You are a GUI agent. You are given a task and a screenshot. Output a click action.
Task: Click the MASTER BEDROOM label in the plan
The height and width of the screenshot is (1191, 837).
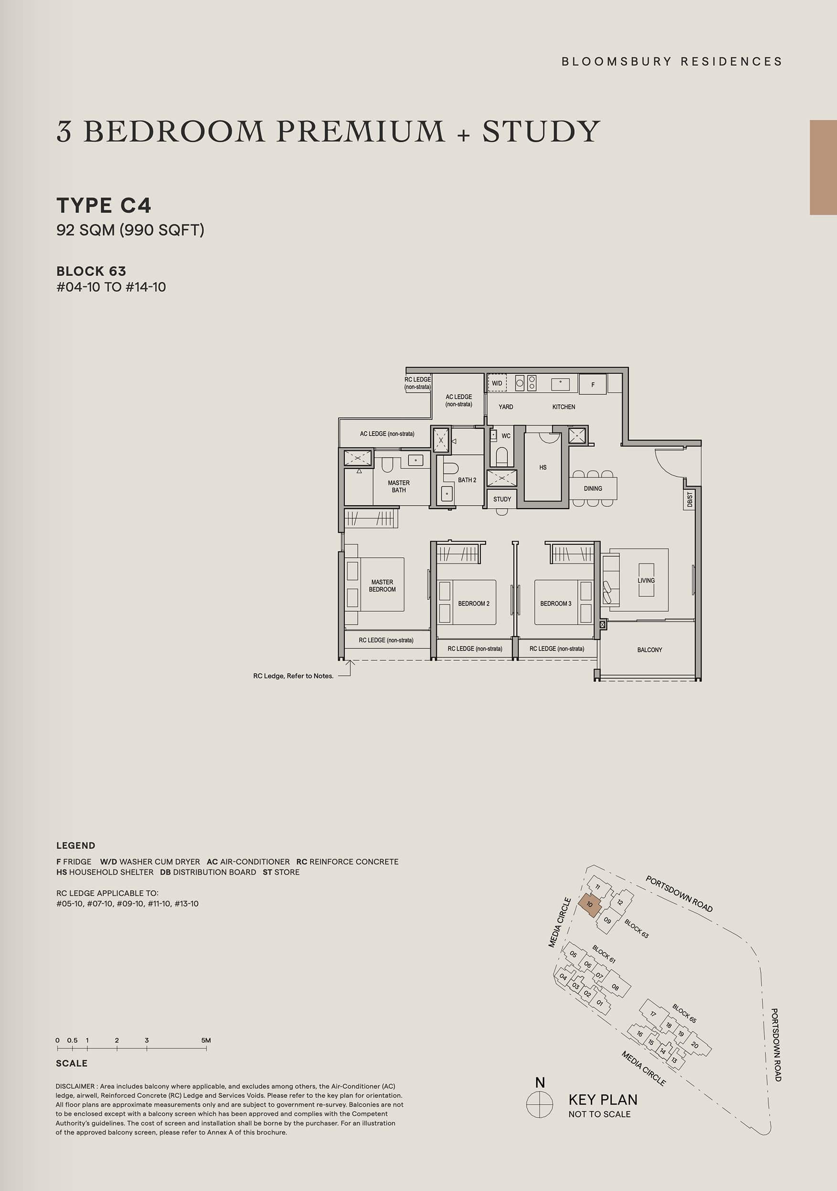pyautogui.click(x=382, y=585)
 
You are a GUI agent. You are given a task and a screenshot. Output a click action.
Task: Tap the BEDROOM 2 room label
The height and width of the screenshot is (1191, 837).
pyautogui.click(x=474, y=603)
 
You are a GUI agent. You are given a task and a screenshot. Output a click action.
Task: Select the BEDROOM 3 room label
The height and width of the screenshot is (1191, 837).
pyautogui.click(x=555, y=603)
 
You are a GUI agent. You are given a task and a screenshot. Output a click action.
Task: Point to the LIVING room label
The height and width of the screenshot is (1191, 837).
pyautogui.click(x=646, y=580)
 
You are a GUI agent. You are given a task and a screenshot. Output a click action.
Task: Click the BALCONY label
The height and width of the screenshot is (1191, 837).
pyautogui.click(x=649, y=649)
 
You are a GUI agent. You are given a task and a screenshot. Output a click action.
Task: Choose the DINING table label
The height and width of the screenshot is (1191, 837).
pyautogui.click(x=593, y=488)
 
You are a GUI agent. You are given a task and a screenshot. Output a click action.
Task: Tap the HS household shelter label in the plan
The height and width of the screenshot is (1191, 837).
pyautogui.click(x=543, y=468)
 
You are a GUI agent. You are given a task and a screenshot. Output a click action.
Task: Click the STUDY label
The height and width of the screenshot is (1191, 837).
pyautogui.click(x=502, y=499)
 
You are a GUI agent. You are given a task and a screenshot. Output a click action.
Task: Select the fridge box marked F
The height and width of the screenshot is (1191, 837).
pyautogui.click(x=593, y=385)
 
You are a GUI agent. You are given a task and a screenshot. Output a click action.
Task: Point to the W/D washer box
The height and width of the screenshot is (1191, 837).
pyautogui.click(x=497, y=383)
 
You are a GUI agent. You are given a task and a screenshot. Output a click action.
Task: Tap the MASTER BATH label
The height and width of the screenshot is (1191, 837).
pyautogui.click(x=399, y=486)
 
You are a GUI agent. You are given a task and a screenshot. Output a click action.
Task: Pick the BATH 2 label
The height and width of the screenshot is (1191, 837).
pyautogui.click(x=467, y=480)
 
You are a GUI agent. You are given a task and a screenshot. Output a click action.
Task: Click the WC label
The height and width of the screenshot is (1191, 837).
pyautogui.click(x=506, y=436)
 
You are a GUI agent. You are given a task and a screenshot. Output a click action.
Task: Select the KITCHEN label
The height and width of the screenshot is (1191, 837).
pyautogui.click(x=564, y=407)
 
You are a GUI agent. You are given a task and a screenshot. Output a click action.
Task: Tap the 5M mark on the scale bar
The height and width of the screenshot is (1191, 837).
pyautogui.click(x=206, y=1040)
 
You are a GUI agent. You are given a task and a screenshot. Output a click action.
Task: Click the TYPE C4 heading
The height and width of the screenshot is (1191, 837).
pyautogui.click(x=104, y=205)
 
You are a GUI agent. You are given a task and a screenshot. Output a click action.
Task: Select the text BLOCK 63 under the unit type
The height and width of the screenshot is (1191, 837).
pyautogui.click(x=91, y=271)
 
